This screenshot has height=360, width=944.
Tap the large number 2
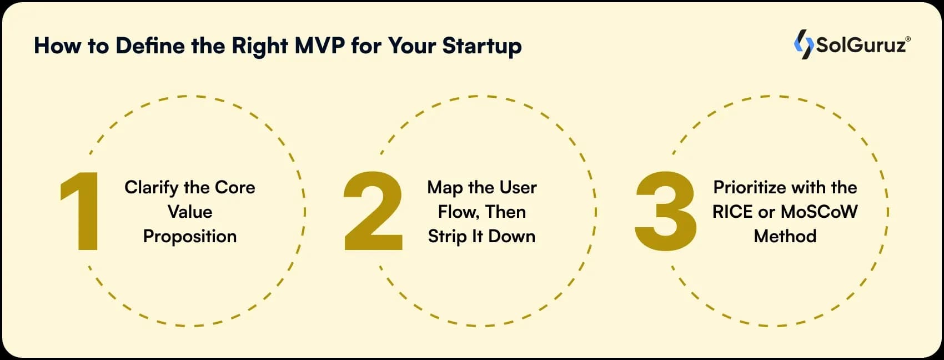click(x=373, y=211)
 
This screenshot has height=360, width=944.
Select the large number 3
click(x=665, y=211)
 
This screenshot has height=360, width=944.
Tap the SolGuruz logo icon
click(x=803, y=44)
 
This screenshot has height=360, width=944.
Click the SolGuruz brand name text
click(x=860, y=45)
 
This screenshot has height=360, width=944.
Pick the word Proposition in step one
click(x=190, y=237)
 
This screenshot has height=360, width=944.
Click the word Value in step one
click(x=190, y=212)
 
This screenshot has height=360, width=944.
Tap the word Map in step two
click(x=445, y=188)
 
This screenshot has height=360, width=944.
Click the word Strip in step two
click(x=448, y=237)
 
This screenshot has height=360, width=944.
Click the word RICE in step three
click(x=732, y=212)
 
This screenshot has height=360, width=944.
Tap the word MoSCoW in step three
click(x=819, y=212)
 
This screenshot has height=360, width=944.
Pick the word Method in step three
click(x=785, y=237)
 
